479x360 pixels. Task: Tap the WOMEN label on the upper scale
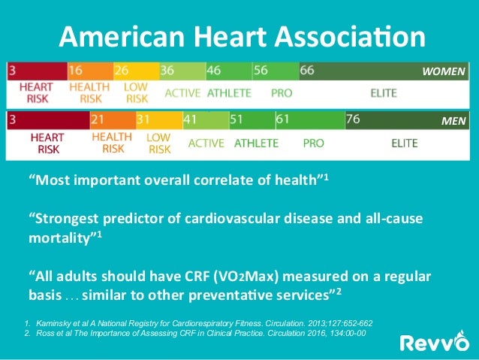point(444,71)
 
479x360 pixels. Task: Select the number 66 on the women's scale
point(307,71)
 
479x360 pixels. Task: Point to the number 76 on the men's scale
point(353,119)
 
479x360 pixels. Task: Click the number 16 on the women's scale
point(75,71)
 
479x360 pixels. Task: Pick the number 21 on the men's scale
point(98,119)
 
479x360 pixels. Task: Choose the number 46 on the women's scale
point(214,71)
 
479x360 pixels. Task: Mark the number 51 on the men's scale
point(236,119)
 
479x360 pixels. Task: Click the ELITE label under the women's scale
point(384,93)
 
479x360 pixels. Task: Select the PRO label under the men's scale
point(313,142)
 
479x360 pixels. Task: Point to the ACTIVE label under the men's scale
point(207,142)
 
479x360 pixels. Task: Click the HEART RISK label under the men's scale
point(45,143)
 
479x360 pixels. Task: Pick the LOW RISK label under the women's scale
point(137,92)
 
